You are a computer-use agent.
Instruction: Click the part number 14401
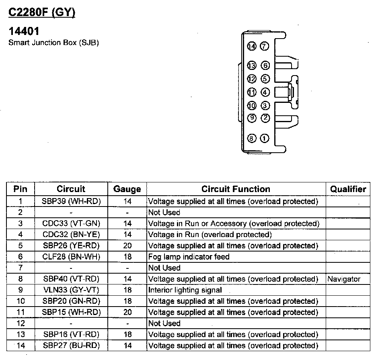24,31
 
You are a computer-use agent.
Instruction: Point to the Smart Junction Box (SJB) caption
54,43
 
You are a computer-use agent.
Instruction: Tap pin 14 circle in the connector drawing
252,46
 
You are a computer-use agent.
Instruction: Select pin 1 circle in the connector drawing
265,139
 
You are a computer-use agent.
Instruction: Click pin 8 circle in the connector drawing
252,139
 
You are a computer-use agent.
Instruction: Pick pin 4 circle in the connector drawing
265,92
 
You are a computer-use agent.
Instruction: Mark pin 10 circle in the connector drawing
252,106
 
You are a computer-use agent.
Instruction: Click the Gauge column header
127,189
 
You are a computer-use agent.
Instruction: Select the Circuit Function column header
236,189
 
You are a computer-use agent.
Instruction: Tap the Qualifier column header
348,189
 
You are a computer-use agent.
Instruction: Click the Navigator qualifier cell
344,279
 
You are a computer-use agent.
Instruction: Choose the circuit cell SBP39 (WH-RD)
71,201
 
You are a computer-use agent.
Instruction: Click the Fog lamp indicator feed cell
189,257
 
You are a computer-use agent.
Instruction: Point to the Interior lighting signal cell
185,290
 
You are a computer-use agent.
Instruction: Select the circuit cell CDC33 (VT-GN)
71,223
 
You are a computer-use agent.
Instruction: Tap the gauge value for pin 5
127,245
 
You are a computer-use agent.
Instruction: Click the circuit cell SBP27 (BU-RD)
71,346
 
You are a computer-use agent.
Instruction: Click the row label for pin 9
21,290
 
